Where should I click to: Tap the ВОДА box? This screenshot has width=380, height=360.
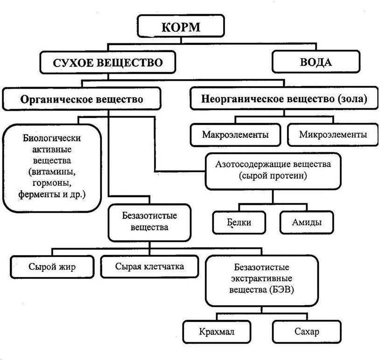point(316,62)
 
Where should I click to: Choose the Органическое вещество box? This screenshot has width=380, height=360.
point(81,99)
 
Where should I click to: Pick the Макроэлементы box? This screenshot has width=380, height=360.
point(235,135)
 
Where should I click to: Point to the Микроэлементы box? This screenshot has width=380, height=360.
point(333,135)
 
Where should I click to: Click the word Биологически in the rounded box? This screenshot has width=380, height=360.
point(52,138)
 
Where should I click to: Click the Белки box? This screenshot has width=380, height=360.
point(239,222)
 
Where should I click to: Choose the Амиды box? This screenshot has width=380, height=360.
point(307,222)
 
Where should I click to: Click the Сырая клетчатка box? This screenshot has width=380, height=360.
point(149,267)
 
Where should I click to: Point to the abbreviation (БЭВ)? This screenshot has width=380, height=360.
point(280,290)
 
